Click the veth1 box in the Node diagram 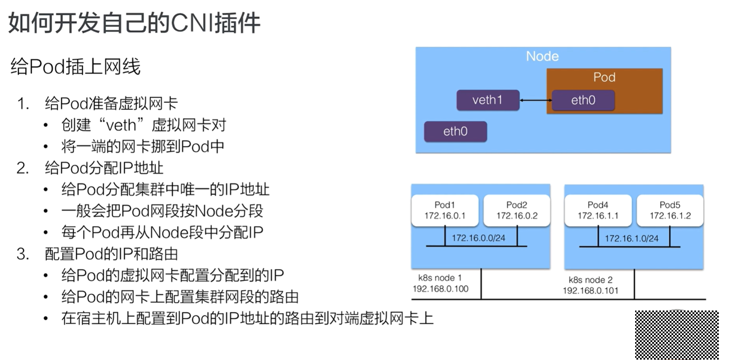[488, 100]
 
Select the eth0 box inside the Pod [583, 100]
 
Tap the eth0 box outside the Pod [455, 131]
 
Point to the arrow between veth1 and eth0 [536, 100]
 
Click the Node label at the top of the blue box [542, 56]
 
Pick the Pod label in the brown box [604, 77]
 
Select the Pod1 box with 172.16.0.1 [445, 211]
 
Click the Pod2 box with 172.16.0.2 [516, 211]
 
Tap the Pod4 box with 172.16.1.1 [598, 211]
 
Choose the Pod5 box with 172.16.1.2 [670, 211]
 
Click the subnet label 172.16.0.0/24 [478, 238]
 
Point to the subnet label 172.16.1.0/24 [632, 238]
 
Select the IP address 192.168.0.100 [440, 289]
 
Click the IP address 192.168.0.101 [590, 290]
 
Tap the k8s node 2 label [590, 280]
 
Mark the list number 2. [23, 168]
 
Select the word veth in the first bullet [121, 125]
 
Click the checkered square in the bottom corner [677, 335]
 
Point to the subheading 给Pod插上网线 [75, 67]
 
